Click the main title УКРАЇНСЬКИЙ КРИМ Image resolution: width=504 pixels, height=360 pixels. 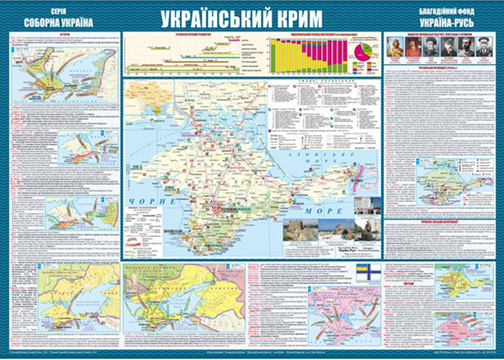coord(241,18)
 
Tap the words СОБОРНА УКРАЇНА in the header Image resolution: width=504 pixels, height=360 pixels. coord(58,22)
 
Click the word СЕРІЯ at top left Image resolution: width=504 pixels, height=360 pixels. coord(58,11)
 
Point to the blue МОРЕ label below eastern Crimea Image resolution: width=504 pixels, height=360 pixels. coord(322,212)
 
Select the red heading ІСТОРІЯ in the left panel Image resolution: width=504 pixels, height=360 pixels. coord(66,35)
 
